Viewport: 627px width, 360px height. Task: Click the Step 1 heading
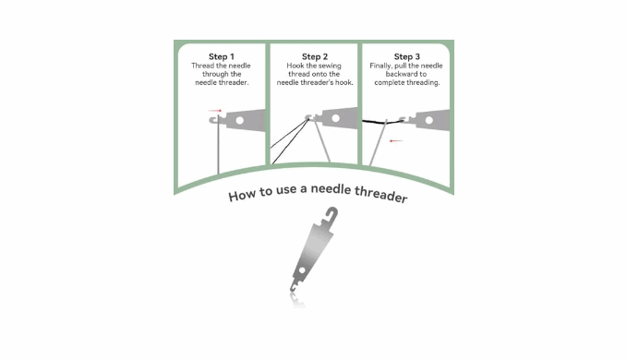221,56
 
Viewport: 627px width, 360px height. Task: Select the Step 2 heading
315,56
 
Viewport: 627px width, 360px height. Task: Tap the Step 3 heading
406,56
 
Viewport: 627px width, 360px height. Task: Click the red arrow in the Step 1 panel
215,111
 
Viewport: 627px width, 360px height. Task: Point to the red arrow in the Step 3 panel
396,140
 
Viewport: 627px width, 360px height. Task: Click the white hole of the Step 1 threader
239,120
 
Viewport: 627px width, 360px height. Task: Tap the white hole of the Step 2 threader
335,118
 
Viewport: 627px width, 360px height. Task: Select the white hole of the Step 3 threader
429,120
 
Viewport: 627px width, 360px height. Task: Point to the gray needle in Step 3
378,142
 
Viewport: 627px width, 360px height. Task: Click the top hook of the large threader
332,214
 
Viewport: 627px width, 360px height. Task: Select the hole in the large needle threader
302,270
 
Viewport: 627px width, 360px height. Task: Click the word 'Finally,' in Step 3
380,66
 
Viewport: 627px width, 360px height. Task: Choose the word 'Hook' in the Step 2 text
295,66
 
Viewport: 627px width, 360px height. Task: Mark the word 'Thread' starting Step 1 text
201,66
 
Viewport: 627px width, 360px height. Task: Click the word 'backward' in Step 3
400,74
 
